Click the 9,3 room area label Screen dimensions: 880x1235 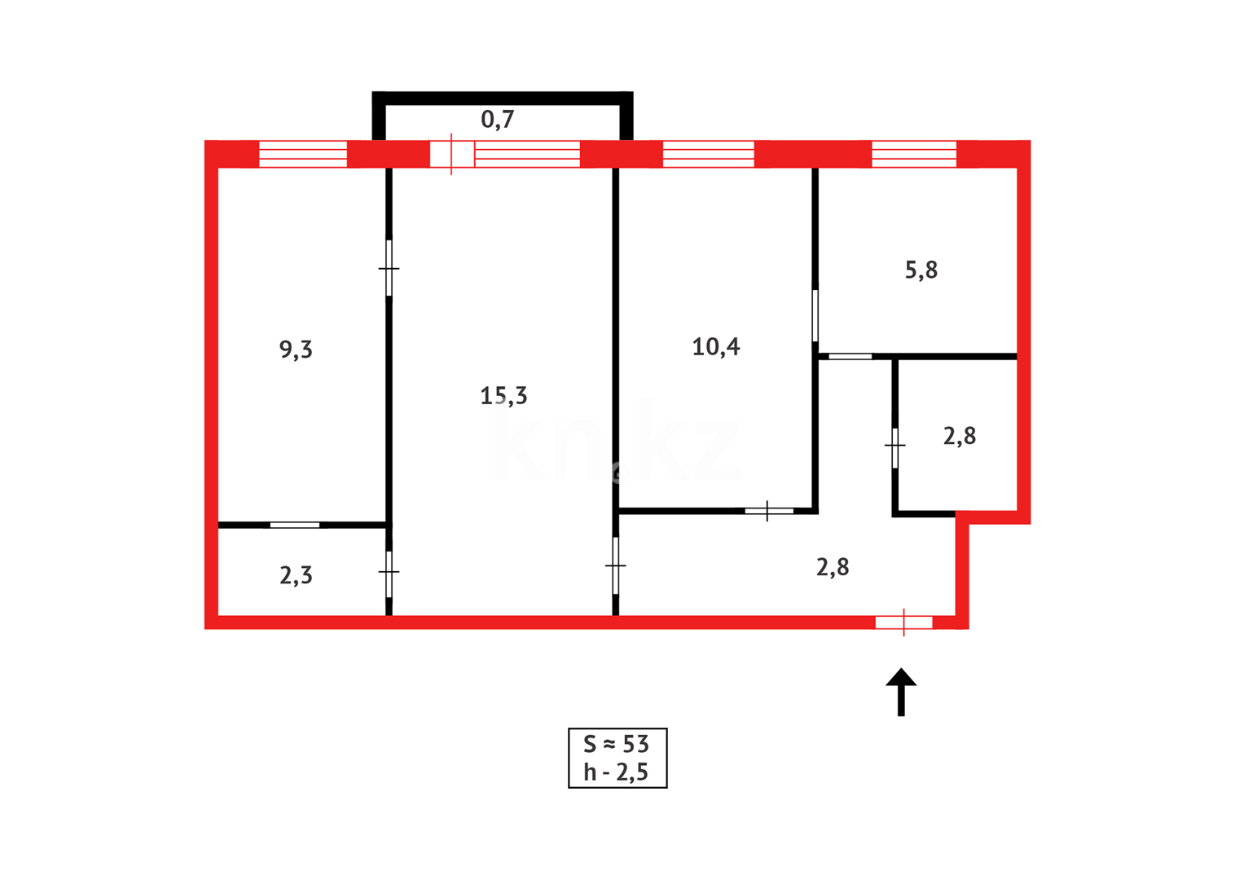296,350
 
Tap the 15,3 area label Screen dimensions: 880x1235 503,396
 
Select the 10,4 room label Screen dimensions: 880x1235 715,347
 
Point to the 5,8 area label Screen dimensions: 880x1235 921,271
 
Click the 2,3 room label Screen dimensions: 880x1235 296,576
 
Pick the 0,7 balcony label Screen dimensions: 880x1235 497,120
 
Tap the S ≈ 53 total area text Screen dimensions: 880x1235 617,744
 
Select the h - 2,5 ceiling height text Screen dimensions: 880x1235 617,772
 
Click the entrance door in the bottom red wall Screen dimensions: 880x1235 903,623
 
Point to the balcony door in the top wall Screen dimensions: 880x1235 451,154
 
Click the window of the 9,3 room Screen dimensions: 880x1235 303,154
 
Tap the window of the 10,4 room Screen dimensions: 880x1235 708,154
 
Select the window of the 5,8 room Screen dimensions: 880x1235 913,154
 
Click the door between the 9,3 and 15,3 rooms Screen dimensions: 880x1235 389,268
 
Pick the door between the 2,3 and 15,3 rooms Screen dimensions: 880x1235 389,572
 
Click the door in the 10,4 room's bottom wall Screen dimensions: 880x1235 768,511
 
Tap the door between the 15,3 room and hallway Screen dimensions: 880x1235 616,565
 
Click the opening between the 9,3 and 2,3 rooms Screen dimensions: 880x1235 295,525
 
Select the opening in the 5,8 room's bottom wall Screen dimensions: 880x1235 850,356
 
